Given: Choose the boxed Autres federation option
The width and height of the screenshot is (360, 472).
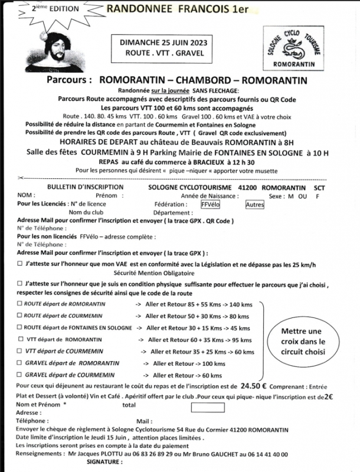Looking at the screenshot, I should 255,205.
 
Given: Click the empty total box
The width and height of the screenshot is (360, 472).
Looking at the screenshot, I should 207,407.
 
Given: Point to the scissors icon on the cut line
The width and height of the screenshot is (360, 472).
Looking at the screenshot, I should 21,178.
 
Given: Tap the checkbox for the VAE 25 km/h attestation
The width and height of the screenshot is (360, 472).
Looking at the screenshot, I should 21,265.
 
